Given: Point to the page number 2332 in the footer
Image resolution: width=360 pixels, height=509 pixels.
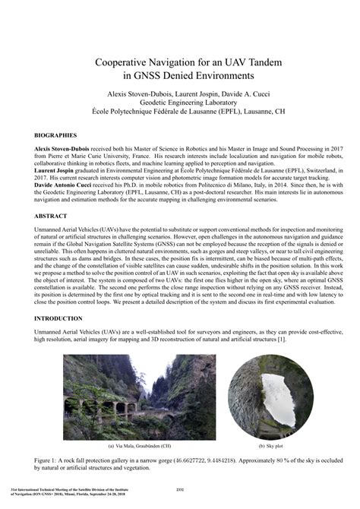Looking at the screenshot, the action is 181,489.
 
